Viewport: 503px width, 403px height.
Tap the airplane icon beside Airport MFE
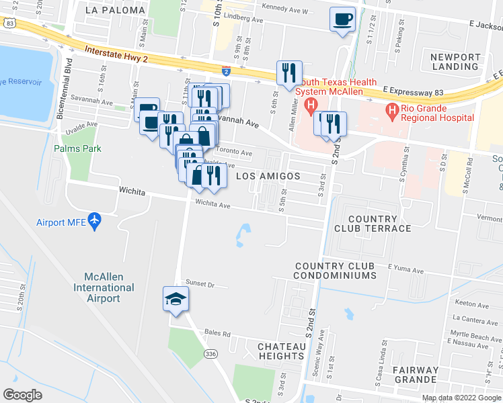[x=94, y=220]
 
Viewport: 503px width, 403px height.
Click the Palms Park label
[x=78, y=148]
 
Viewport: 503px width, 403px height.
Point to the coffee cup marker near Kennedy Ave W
[x=342, y=18]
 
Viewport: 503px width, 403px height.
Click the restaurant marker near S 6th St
[x=289, y=73]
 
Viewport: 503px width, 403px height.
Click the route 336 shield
[x=210, y=354]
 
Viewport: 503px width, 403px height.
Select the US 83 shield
[x=8, y=23]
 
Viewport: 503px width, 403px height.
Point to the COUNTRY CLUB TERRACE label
[x=379, y=224]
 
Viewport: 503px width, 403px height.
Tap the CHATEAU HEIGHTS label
[x=281, y=351]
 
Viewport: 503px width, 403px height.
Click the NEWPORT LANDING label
[x=455, y=62]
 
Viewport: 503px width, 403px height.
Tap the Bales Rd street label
[x=218, y=333]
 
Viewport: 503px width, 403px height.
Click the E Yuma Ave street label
[x=405, y=270]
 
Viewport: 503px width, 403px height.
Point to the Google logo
[x=22, y=394]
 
